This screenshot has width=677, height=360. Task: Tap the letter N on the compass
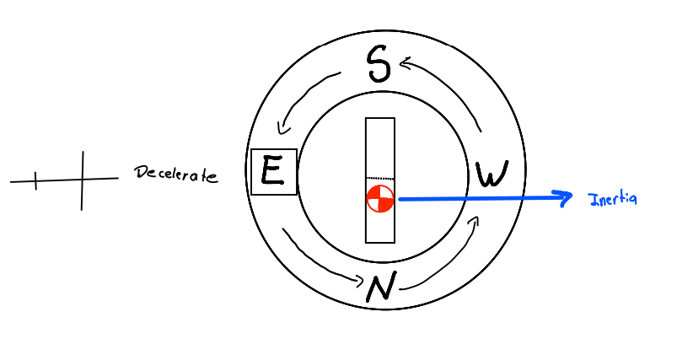380,288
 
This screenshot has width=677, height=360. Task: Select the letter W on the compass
492,175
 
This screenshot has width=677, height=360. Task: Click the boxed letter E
273,171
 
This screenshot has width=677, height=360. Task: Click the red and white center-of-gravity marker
380,200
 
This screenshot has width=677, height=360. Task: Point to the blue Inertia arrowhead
565,197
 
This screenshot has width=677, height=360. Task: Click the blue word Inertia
612,199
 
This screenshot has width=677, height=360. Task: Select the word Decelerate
175,175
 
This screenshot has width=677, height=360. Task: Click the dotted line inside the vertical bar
379,178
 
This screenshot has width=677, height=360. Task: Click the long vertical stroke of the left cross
83,180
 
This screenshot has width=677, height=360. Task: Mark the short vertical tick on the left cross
35,180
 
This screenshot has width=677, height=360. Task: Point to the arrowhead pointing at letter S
406,62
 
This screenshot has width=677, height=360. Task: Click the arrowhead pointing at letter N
357,282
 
